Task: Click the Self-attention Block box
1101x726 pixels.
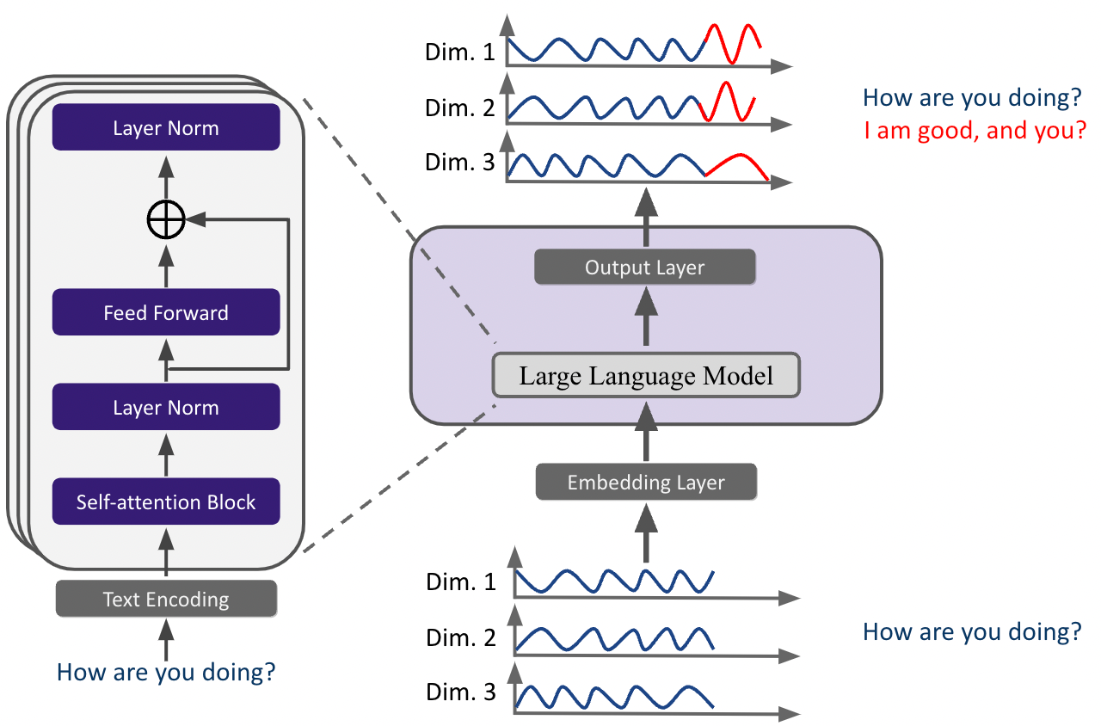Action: [x=166, y=501]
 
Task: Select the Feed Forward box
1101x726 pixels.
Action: [x=166, y=312]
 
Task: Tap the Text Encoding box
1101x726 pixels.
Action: [x=166, y=599]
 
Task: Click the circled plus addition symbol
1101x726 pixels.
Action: [x=166, y=221]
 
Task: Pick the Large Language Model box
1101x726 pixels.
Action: [x=646, y=375]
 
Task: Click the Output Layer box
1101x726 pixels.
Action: [x=644, y=267]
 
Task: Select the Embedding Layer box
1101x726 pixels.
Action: [x=646, y=483]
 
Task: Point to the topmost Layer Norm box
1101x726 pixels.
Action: [x=166, y=128]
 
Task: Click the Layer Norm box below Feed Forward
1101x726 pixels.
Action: [x=166, y=407]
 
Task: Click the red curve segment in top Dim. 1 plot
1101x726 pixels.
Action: [x=733, y=43]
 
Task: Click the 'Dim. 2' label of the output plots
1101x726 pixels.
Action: [x=460, y=108]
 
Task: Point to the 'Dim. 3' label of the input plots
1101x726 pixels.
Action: [x=461, y=692]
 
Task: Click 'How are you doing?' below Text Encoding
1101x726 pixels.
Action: [x=166, y=671]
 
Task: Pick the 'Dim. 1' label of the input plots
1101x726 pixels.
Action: [x=461, y=582]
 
